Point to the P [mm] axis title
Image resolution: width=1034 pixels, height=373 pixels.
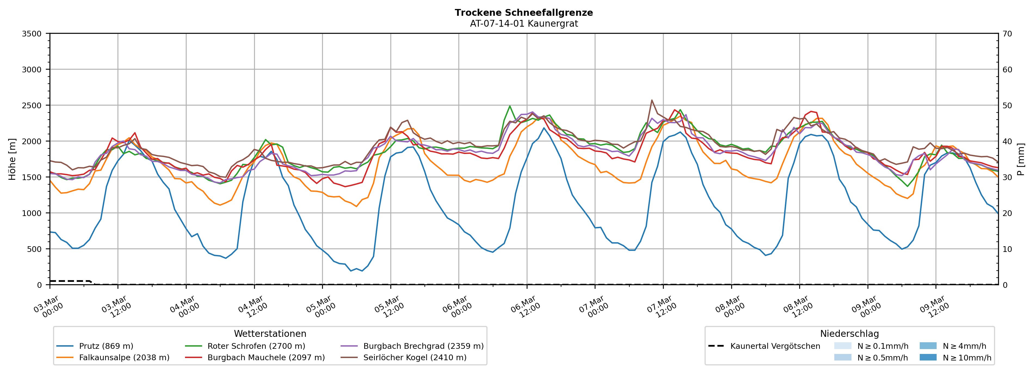coord(1021,159)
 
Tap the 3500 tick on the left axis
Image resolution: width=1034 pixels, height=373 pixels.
coord(32,34)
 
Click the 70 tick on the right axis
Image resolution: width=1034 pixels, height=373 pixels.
coord(1008,34)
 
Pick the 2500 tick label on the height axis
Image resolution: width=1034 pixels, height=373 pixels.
coord(32,106)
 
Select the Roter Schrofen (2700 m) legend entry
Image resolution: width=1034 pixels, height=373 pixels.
coord(256,346)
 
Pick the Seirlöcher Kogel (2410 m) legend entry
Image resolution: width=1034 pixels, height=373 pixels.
coord(415,357)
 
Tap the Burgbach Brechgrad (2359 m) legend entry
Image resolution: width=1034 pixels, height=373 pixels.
coord(423,346)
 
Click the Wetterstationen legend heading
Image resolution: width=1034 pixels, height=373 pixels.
coord(270,334)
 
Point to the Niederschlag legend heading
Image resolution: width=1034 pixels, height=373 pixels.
coord(849,334)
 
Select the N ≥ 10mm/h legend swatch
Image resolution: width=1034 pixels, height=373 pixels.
coord(928,357)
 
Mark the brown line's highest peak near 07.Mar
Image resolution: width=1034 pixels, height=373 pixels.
coord(652,100)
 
